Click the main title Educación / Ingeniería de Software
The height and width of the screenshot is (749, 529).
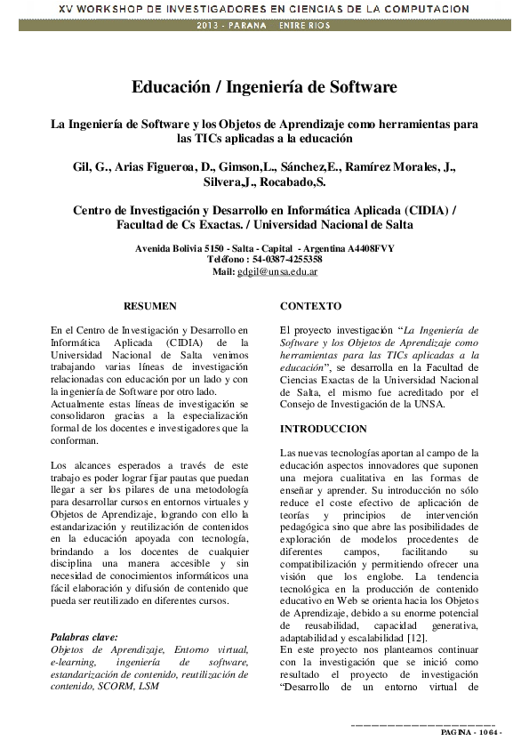pyautogui.click(x=264, y=87)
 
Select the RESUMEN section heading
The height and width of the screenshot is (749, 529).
pyautogui.click(x=149, y=305)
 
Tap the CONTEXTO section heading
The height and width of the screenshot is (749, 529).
pyautogui.click(x=310, y=305)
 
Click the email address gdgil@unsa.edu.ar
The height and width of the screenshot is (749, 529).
pyautogui.click(x=278, y=271)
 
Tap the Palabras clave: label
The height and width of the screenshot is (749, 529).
pyautogui.click(x=84, y=637)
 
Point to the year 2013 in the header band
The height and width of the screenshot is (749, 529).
pyautogui.click(x=210, y=25)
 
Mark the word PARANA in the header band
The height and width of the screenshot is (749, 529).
pyautogui.click(x=249, y=25)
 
